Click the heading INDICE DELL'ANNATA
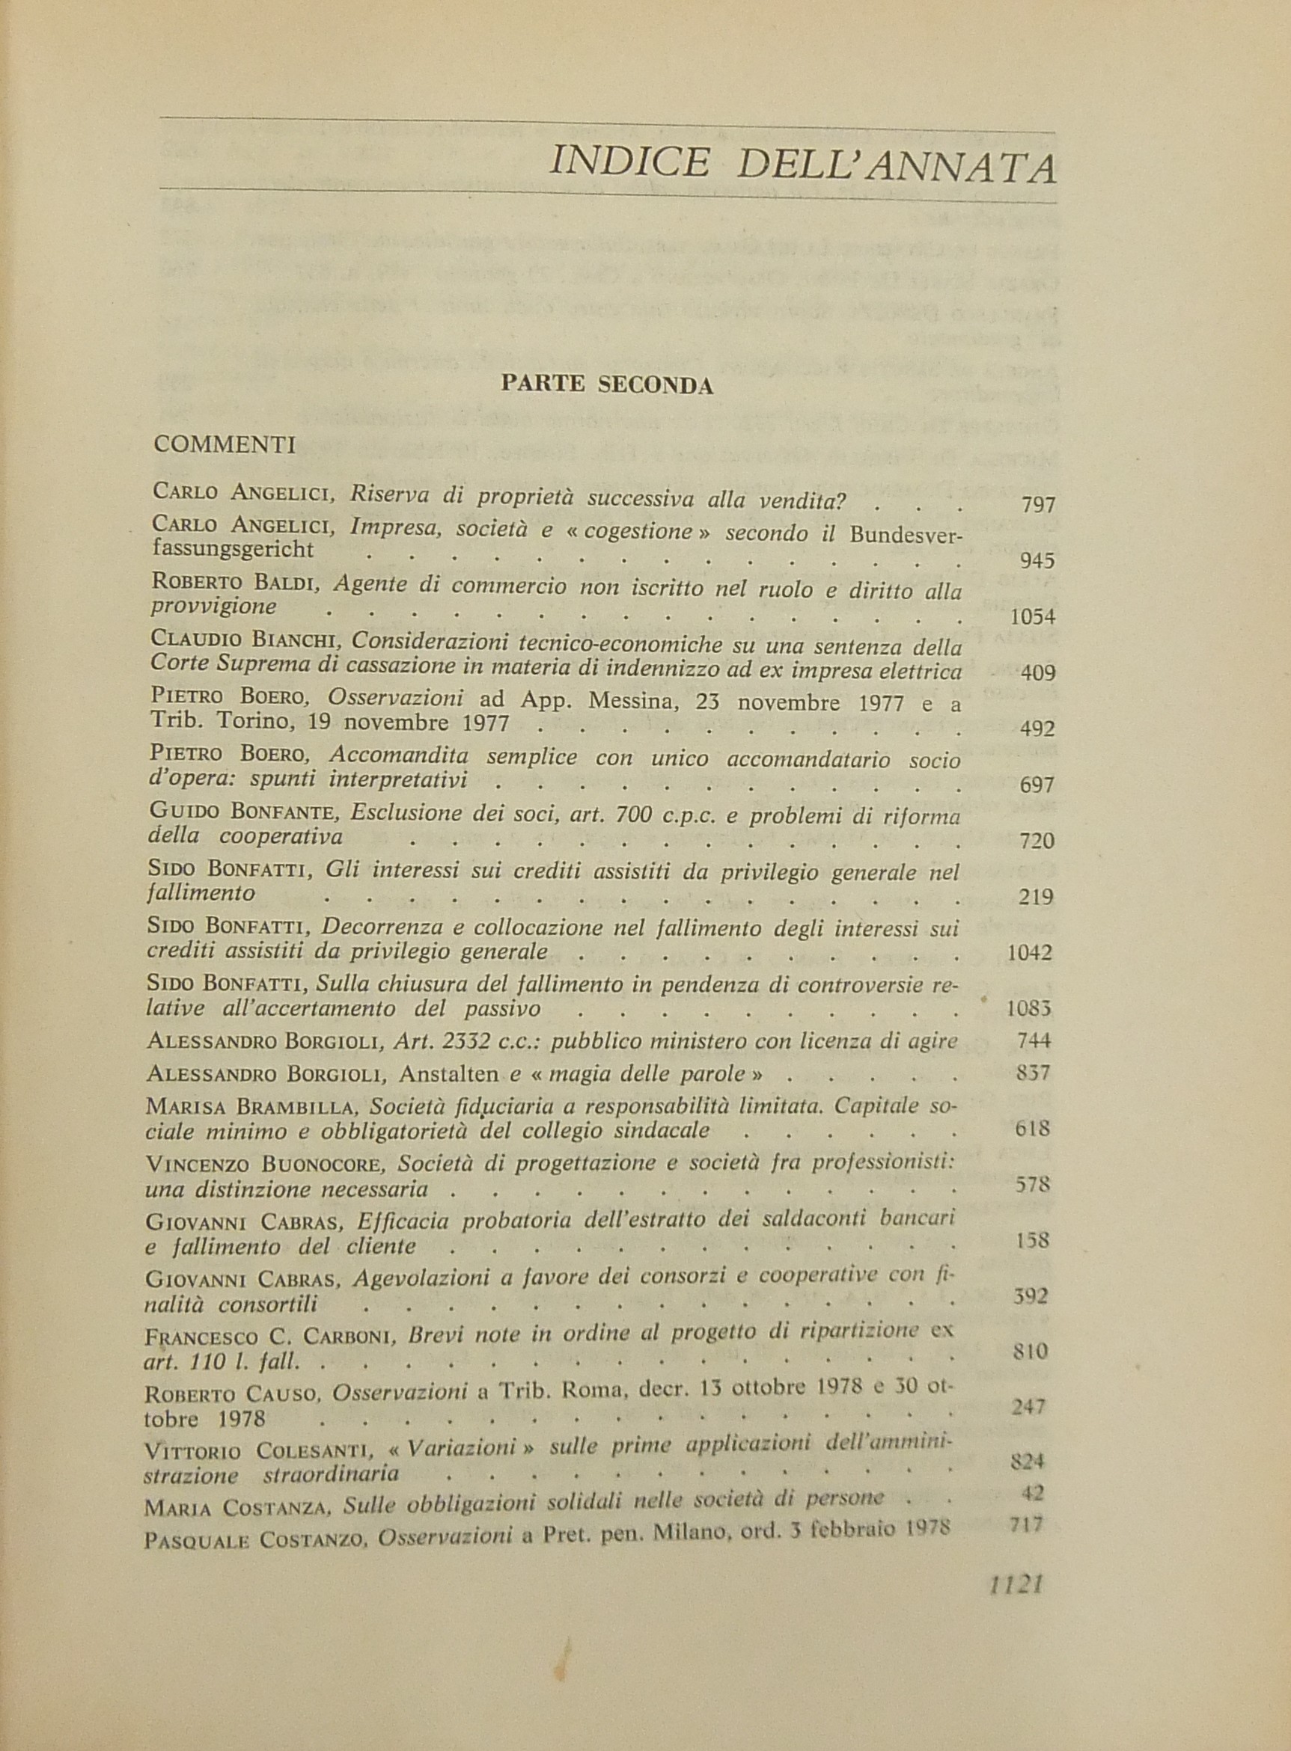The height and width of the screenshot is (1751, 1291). tap(802, 165)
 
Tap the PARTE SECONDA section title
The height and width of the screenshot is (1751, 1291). tap(607, 384)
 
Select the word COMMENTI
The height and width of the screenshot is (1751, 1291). tap(225, 444)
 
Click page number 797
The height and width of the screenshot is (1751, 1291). tap(1038, 505)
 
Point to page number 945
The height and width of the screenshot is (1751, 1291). tap(1038, 561)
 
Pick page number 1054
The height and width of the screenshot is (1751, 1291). tap(1032, 617)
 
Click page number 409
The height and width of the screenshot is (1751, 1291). tap(1038, 672)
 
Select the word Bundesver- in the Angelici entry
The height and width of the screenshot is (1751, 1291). tap(906, 535)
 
